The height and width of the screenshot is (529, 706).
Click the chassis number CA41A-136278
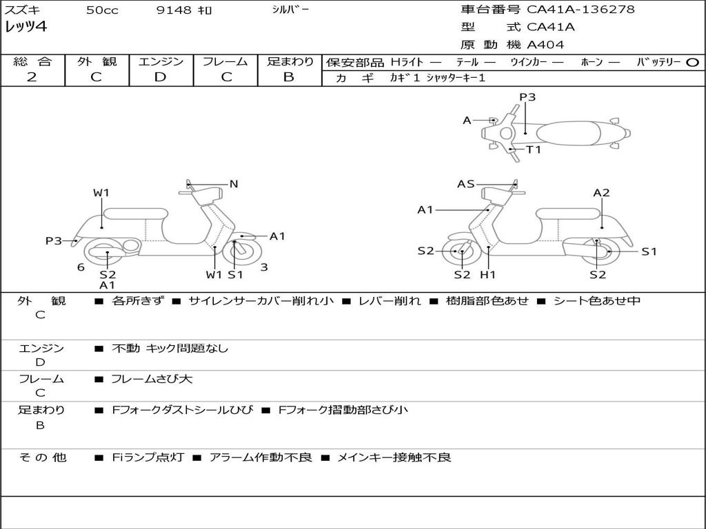point(581,10)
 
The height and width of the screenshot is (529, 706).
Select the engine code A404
point(545,45)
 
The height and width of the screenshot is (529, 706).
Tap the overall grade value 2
point(32,77)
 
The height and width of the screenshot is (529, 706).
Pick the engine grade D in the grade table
point(160,77)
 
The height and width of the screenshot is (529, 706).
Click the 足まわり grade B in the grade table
point(289,77)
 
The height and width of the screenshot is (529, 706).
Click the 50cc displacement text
point(102,10)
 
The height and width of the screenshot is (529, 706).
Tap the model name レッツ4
point(26,28)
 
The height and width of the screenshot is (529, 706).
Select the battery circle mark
point(692,62)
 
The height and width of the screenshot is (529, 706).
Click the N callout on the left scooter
point(234,184)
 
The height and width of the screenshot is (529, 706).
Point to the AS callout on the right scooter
point(466,184)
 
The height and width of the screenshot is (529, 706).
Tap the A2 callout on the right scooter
point(601,193)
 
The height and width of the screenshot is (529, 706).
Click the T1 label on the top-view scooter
point(534,149)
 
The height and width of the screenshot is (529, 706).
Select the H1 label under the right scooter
point(488,275)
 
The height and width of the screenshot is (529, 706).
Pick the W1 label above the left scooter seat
point(101,193)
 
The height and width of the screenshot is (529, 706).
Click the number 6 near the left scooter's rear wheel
point(81,267)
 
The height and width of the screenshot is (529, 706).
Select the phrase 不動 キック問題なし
point(170,349)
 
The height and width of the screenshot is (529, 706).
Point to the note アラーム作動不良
point(261,457)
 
